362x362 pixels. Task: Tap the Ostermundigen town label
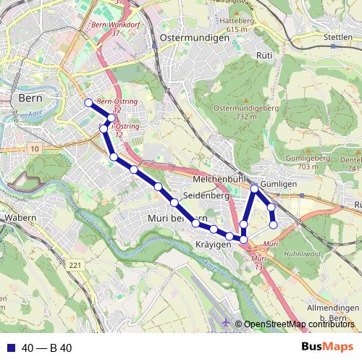click(x=194, y=36)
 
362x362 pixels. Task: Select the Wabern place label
click(x=20, y=216)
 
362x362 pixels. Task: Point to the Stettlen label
click(x=338, y=36)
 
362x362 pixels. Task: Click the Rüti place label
click(x=264, y=55)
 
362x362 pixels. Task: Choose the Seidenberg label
click(x=206, y=195)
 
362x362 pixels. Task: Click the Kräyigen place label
click(x=212, y=245)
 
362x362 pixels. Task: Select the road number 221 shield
click(x=76, y=266)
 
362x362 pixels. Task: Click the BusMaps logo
click(x=327, y=348)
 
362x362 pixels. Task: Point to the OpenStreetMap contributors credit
click(x=299, y=324)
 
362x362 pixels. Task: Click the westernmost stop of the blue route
click(x=88, y=103)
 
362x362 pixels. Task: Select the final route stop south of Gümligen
click(x=273, y=224)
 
